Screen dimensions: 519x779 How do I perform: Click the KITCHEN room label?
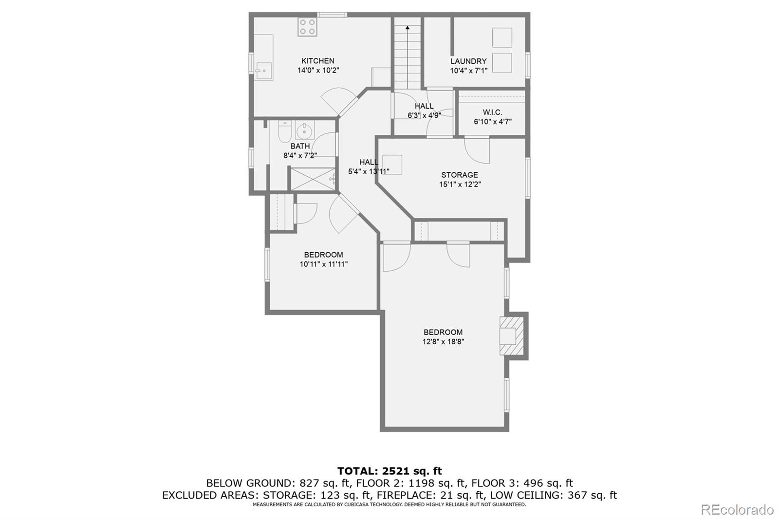point(317,61)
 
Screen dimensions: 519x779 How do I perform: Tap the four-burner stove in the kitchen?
point(307,26)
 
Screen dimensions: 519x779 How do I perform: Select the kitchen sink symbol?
point(263,71)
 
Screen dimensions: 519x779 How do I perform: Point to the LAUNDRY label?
point(468,61)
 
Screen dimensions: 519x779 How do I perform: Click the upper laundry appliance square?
point(502,37)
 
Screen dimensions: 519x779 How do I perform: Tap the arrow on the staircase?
point(407,28)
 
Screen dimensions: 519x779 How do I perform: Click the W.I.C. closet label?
point(492,112)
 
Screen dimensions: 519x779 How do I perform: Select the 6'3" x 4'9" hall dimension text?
point(424,116)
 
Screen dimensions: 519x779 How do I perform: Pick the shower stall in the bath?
point(313,179)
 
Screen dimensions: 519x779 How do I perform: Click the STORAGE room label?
point(459,175)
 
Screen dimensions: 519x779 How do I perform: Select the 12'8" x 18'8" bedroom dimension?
point(443,342)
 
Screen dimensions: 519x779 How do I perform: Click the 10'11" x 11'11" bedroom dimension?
point(323,264)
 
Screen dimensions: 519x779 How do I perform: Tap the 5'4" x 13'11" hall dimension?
point(368,171)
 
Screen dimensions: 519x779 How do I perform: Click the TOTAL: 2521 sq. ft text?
point(389,471)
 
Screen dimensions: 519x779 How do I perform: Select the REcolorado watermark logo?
point(737,509)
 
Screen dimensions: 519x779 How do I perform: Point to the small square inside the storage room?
point(392,164)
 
